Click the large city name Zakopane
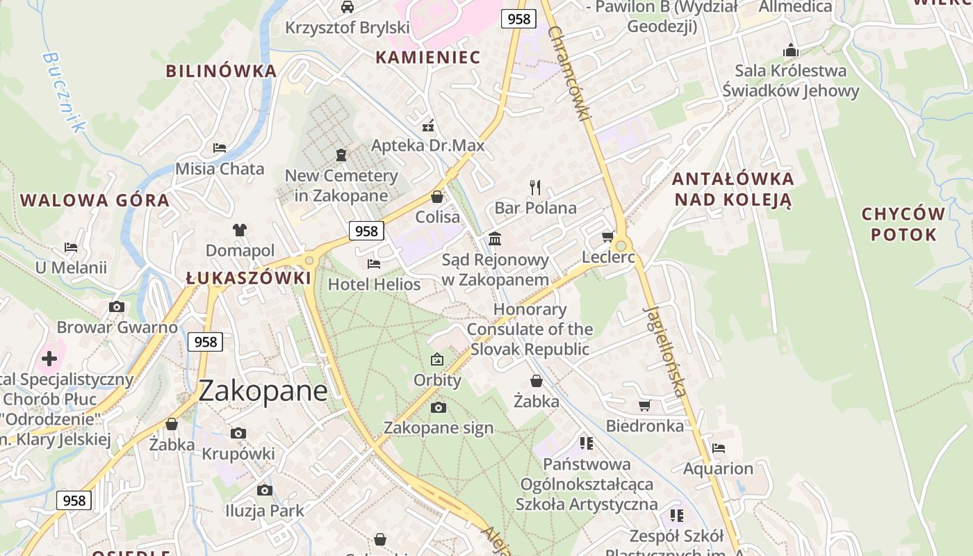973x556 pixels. [263, 391]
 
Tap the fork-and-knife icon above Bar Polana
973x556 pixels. [535, 187]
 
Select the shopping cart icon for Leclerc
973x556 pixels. [607, 237]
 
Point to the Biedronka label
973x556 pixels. [644, 426]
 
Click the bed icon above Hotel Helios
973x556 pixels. [374, 264]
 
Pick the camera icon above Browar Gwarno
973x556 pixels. [117, 307]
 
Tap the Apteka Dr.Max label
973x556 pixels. [427, 146]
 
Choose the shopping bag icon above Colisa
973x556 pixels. [437, 197]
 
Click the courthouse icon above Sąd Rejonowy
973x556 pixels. [495, 239]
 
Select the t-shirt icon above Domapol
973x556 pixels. [240, 230]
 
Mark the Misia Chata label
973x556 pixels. [220, 169]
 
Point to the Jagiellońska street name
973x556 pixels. [665, 351]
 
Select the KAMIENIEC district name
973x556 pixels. [428, 58]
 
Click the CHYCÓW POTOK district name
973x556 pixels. [903, 224]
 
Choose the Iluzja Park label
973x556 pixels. [264, 511]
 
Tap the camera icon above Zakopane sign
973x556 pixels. [438, 407]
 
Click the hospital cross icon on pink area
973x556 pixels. [49, 359]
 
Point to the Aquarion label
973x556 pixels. [718, 468]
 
